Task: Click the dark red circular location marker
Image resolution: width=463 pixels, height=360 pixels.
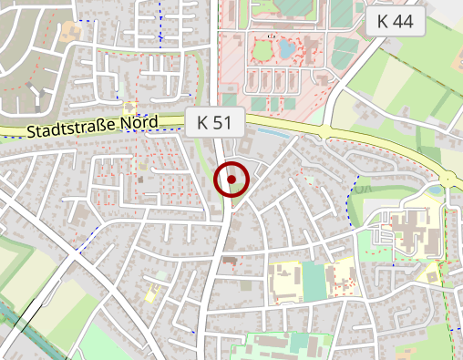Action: (x=231, y=180)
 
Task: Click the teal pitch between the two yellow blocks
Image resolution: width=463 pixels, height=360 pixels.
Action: (x=314, y=282)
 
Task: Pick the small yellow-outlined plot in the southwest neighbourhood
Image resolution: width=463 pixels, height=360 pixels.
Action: (x=151, y=293)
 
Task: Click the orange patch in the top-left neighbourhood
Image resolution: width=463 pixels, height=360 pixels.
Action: (x=72, y=33)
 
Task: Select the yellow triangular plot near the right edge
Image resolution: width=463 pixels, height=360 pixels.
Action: (x=451, y=177)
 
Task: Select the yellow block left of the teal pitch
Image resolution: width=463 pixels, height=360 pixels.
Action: (x=285, y=283)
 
